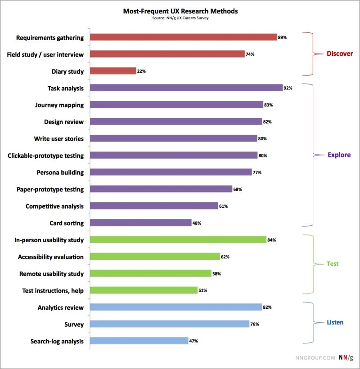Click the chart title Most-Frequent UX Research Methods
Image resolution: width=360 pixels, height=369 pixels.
tap(180, 11)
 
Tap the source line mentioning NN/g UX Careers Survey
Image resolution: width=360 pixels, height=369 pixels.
tap(180, 18)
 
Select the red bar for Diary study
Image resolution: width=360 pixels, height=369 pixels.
tap(113, 71)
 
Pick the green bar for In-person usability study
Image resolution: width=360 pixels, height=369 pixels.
tap(178, 240)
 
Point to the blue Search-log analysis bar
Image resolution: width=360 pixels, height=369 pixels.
tap(139, 341)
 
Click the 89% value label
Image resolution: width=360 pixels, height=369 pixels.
tap(283, 37)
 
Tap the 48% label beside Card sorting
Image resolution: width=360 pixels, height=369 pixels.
tap(197, 223)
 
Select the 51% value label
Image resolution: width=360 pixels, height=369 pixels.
tap(202, 290)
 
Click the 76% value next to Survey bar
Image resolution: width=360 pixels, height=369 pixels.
tap(254, 324)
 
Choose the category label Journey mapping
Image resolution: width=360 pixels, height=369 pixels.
tap(59, 105)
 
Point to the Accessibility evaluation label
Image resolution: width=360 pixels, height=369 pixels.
tap(51, 257)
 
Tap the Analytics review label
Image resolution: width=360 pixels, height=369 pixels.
tap(61, 307)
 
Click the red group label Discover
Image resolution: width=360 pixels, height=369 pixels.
tap(340, 53)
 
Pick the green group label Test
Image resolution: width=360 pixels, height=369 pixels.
tap(333, 264)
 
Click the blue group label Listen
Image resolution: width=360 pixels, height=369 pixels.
tap(335, 322)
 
